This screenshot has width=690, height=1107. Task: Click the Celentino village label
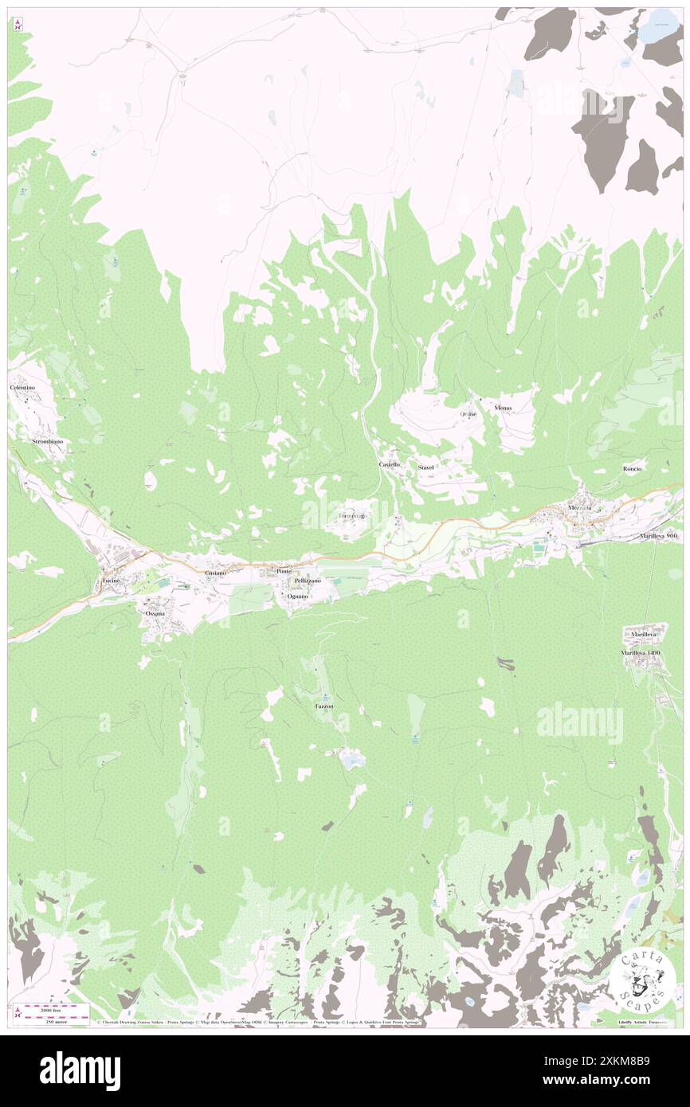click(x=23, y=387)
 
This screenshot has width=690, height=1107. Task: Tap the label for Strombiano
click(x=47, y=440)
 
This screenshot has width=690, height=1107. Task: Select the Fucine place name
click(x=110, y=584)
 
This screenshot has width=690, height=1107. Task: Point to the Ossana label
click(x=154, y=614)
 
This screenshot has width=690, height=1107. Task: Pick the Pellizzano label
click(x=307, y=582)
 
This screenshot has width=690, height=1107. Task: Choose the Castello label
click(x=389, y=464)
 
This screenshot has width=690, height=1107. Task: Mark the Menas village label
click(x=503, y=408)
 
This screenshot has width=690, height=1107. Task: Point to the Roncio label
click(x=633, y=469)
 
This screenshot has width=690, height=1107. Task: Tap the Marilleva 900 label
click(x=658, y=537)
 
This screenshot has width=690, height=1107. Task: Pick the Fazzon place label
click(x=324, y=706)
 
